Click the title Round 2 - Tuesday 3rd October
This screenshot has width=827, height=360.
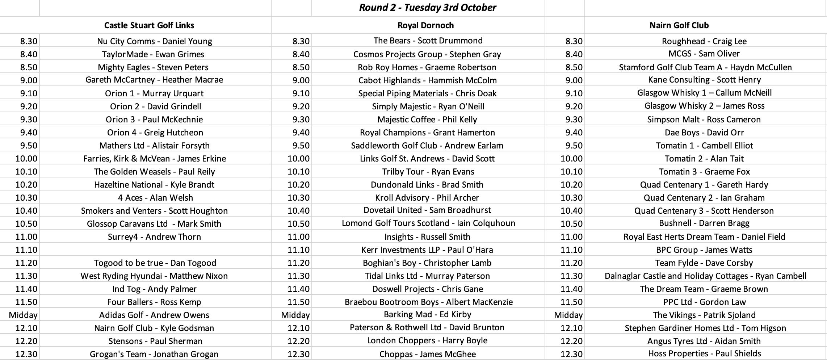(427, 8)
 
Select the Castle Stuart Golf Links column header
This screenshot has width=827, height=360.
(149, 25)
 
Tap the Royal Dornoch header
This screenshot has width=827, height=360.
(425, 25)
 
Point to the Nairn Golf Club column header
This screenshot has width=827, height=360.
(679, 25)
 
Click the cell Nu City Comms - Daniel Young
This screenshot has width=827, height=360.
(155, 41)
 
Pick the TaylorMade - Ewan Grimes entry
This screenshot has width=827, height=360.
(153, 54)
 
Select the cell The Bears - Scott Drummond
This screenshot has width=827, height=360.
(428, 41)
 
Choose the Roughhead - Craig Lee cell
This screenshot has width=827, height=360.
(704, 41)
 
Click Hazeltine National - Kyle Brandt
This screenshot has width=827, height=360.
(154, 185)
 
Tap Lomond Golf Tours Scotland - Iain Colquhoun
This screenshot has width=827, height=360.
(428, 223)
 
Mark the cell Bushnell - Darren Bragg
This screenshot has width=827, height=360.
(704, 223)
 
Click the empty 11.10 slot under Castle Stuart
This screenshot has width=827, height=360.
(155, 250)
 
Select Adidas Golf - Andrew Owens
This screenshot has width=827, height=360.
(154, 315)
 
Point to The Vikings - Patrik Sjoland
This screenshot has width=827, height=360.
(704, 315)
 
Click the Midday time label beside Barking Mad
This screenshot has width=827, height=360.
(295, 315)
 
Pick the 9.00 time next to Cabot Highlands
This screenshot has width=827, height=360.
(301, 80)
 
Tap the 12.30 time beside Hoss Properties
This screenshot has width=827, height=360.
(571, 354)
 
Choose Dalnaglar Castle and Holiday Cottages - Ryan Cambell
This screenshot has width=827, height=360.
(705, 276)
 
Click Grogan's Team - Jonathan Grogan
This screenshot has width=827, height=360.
(154, 354)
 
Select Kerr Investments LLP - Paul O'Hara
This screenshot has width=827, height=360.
(427, 250)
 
